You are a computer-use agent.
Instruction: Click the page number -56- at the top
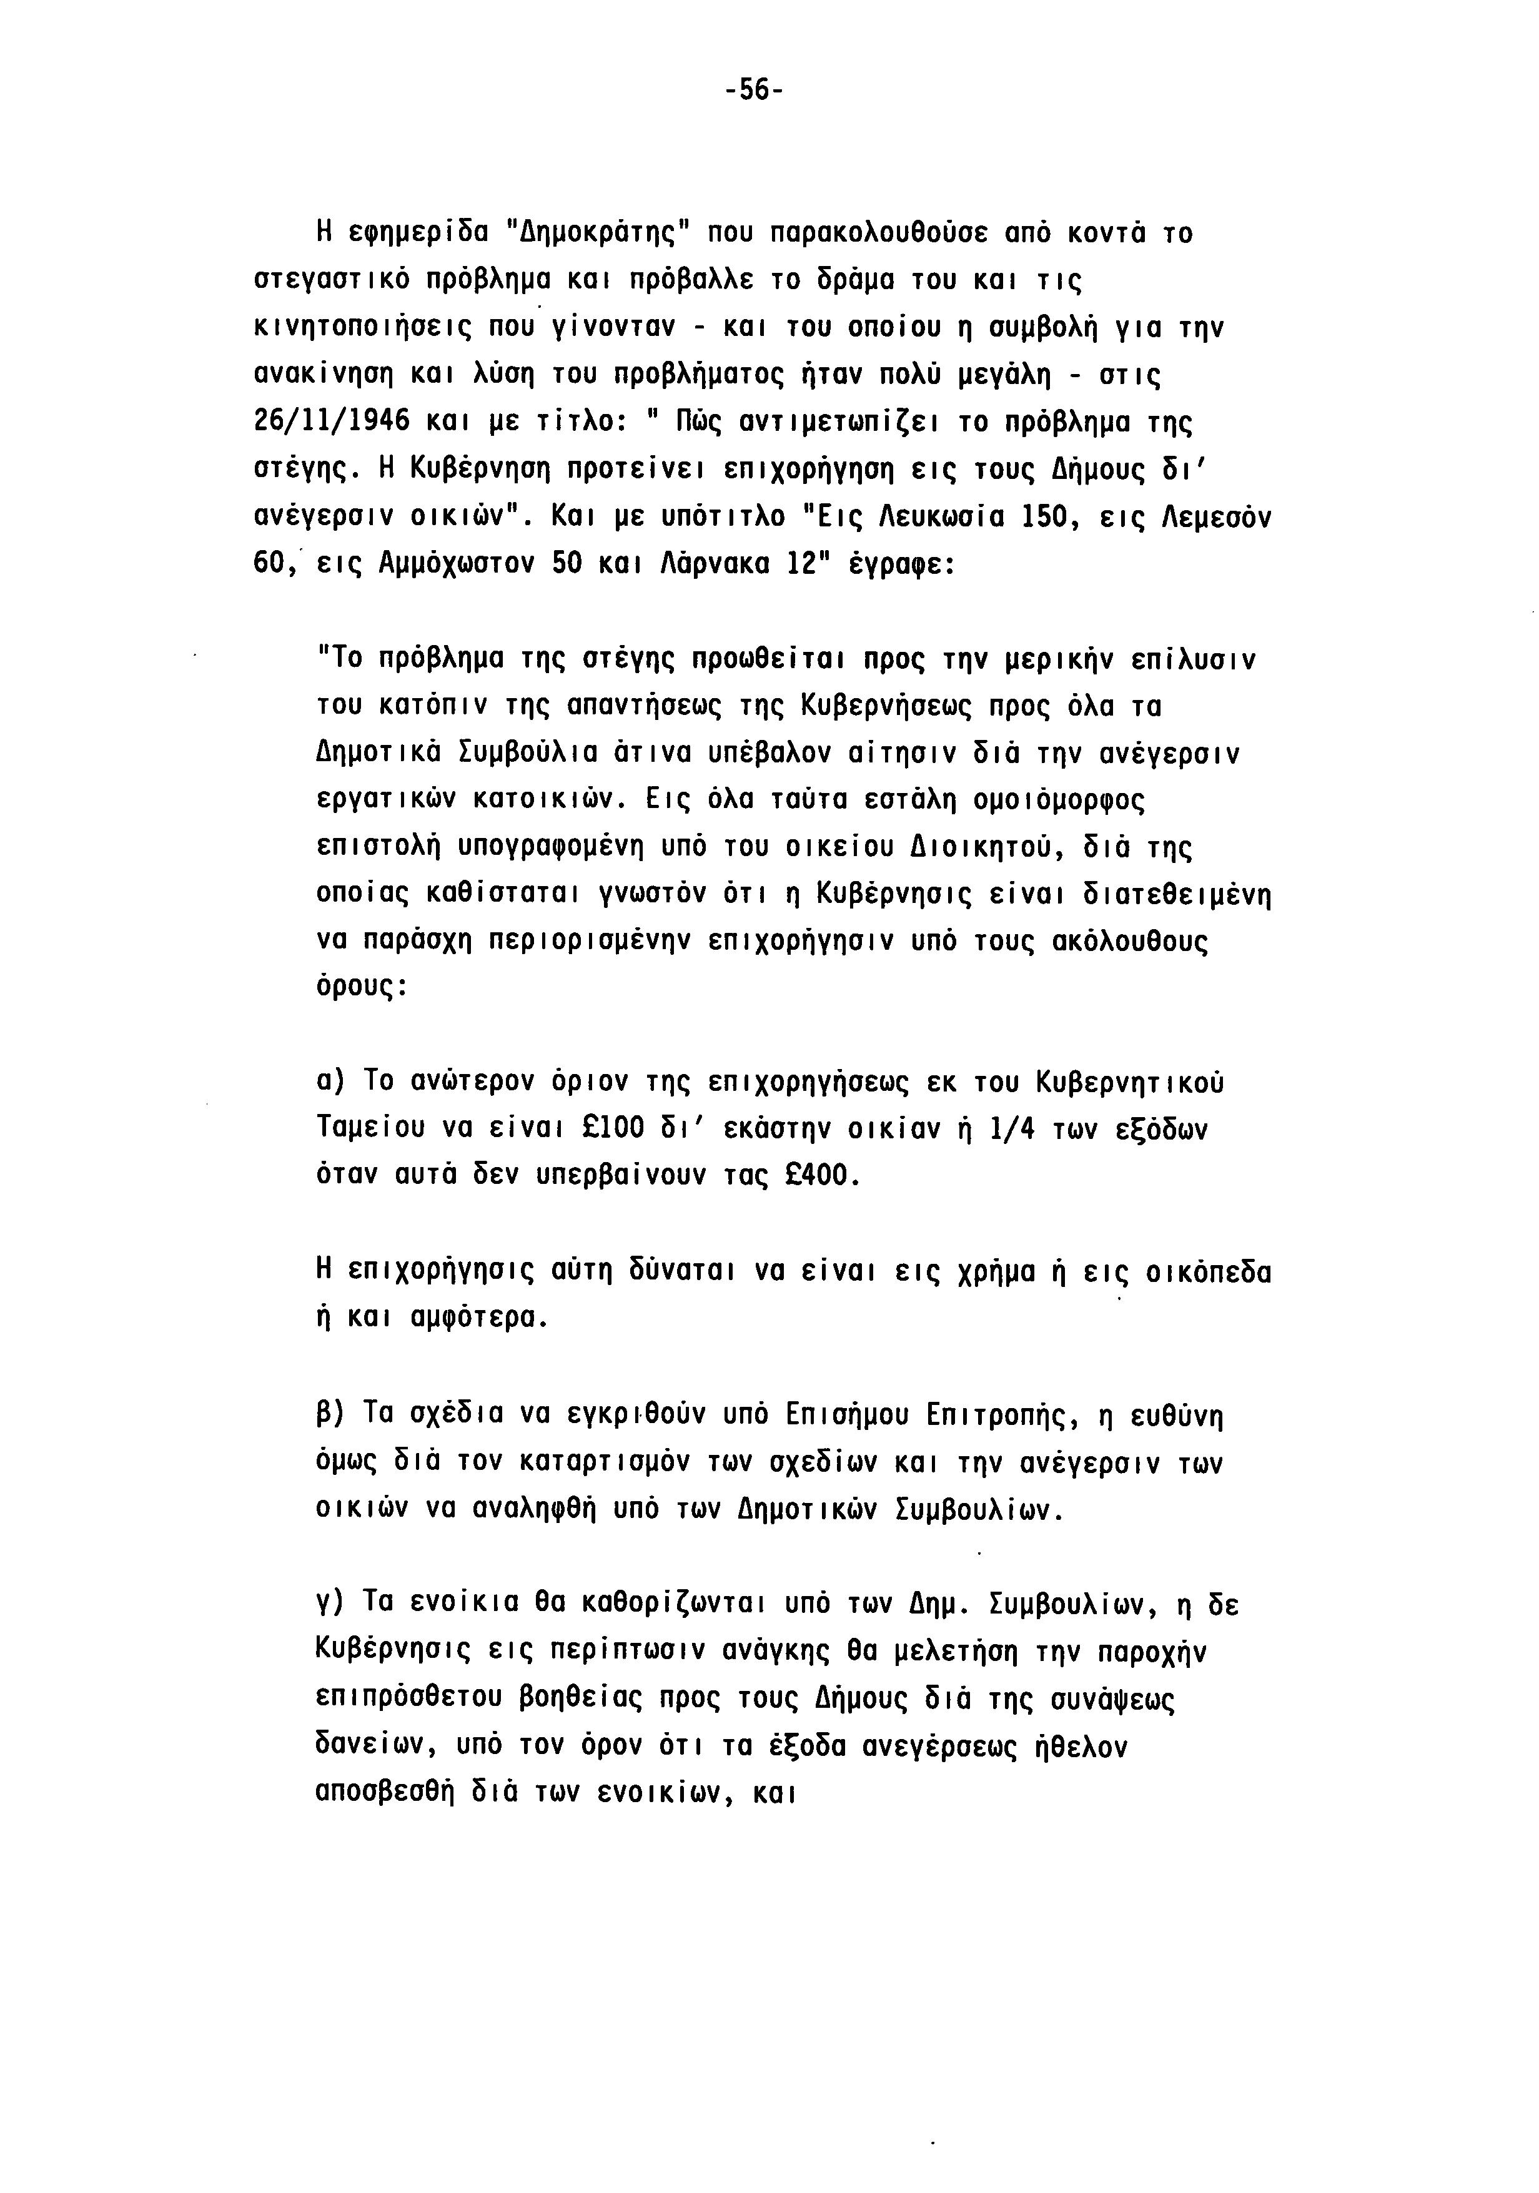pos(754,91)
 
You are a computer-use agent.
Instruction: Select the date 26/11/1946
pos(332,421)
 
